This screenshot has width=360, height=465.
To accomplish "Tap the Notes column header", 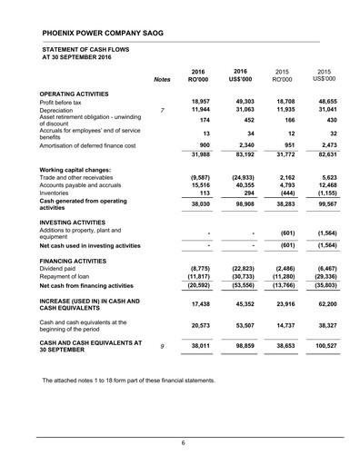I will tap(163, 80).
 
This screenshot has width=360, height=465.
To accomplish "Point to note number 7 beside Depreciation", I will tap(161, 111).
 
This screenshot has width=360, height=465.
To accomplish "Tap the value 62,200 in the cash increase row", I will tap(323, 303).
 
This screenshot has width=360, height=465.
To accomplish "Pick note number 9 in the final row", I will tap(161, 345).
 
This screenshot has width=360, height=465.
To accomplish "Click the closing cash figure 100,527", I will tap(321, 345).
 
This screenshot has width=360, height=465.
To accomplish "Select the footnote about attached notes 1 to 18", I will tap(127, 380).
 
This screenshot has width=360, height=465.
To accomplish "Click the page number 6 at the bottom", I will tap(181, 442).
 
